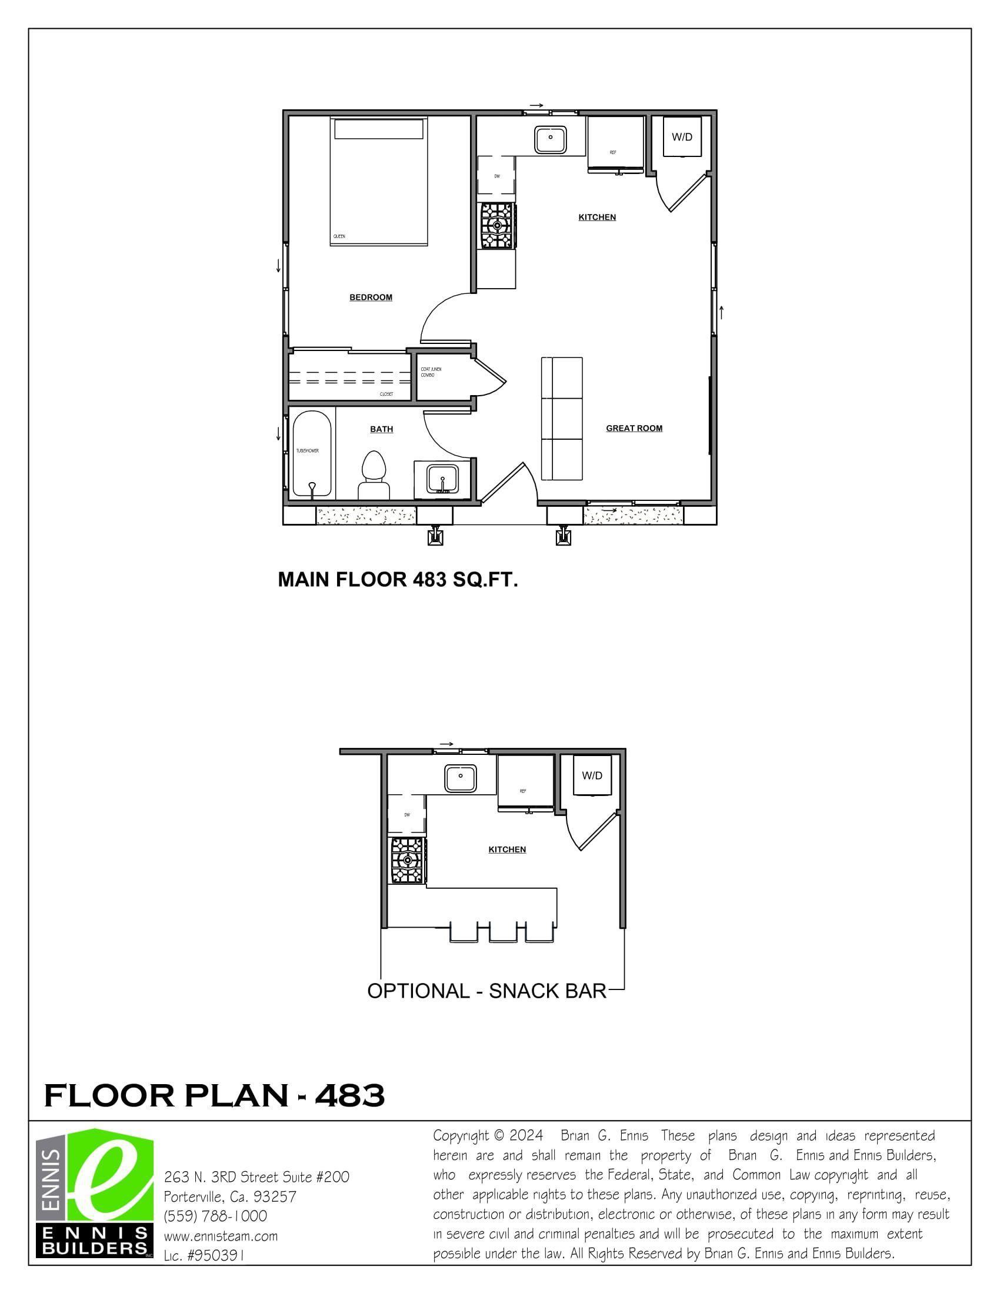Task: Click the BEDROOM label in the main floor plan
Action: [371, 297]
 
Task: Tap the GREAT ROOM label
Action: [634, 429]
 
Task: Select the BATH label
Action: [381, 429]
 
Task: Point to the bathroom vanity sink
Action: [442, 479]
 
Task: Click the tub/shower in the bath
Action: [312, 453]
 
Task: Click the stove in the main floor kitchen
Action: [496, 225]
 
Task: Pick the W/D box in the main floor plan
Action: [682, 138]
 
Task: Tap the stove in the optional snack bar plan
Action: [406, 860]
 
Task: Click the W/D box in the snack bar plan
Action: [592, 775]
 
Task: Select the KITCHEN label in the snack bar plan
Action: [507, 850]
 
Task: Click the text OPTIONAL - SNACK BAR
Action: [486, 991]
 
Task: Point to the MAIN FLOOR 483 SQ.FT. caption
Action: [398, 580]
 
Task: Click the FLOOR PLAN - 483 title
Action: [215, 1095]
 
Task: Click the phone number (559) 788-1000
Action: [215, 1216]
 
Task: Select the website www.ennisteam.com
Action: [221, 1236]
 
